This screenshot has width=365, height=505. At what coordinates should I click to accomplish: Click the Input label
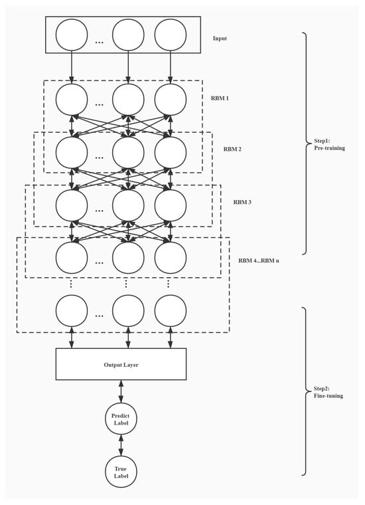coord(220,39)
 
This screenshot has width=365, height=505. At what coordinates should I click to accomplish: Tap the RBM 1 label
coord(220,98)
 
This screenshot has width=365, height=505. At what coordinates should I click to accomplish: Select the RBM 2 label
coord(232,149)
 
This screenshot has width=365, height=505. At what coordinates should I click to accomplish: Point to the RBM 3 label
coord(242,202)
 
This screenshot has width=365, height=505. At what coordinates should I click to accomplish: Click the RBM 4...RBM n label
coord(259,260)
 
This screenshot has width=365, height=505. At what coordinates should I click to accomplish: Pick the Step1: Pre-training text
coord(329,145)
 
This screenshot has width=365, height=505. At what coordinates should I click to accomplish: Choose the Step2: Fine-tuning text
coord(328,392)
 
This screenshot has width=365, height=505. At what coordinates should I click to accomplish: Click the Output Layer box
coord(121,364)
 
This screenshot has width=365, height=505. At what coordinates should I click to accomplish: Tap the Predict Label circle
coord(121,419)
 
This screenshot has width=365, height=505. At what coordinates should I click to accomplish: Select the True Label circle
coord(121,472)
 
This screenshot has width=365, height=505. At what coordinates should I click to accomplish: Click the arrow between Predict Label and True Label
coord(121,445)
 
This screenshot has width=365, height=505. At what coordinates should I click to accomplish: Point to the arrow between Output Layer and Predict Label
coord(121,391)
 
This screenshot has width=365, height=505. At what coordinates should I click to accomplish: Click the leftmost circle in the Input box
coord(72,35)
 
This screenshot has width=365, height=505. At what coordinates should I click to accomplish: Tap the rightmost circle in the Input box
coord(171,35)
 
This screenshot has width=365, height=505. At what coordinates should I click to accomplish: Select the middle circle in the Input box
coord(128,35)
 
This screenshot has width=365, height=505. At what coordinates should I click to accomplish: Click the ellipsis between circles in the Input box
coord(100,42)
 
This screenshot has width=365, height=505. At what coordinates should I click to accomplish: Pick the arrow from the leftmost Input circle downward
coord(72,67)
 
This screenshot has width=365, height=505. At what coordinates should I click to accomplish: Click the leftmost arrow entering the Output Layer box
coord(72,338)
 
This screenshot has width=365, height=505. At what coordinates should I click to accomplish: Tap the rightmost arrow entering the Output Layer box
coord(171,338)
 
